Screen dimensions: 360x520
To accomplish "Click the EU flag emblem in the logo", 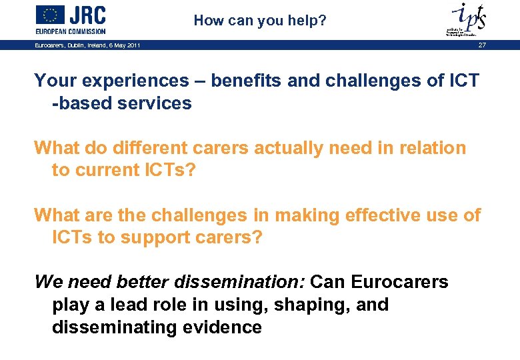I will coord(50,15).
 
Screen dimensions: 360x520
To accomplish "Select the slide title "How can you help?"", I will coord(260,21).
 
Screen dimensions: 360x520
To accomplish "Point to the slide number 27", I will coord(482,45).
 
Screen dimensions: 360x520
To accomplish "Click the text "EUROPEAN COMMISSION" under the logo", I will coord(70,31).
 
